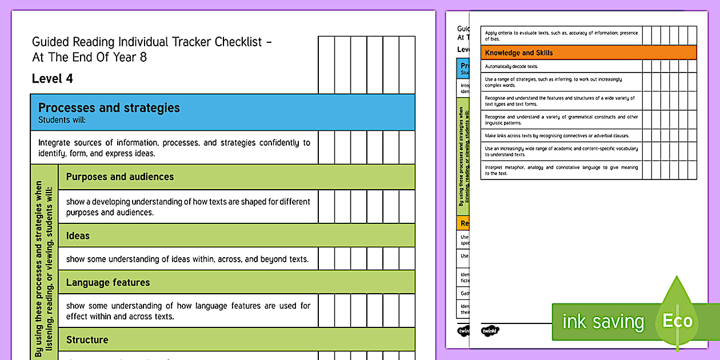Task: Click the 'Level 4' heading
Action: tap(53, 79)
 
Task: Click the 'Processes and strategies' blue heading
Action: tap(109, 108)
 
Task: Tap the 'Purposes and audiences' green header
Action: tap(119, 177)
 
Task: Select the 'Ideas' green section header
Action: tap(78, 235)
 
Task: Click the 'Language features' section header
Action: tap(108, 282)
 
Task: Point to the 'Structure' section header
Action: tap(87, 339)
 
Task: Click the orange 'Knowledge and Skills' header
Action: tap(519, 53)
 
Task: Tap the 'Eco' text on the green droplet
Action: tap(677, 321)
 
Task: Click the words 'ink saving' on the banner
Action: tap(603, 322)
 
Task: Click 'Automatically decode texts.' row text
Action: tap(511, 67)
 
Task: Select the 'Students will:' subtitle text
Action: tap(61, 120)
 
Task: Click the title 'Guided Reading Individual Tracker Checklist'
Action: tap(147, 42)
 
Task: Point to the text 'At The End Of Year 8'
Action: tap(89, 57)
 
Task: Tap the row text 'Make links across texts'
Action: tap(549, 136)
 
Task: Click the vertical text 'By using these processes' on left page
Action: tap(43, 269)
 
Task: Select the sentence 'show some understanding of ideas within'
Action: tap(187, 259)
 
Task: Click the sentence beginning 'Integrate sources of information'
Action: tap(174, 148)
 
